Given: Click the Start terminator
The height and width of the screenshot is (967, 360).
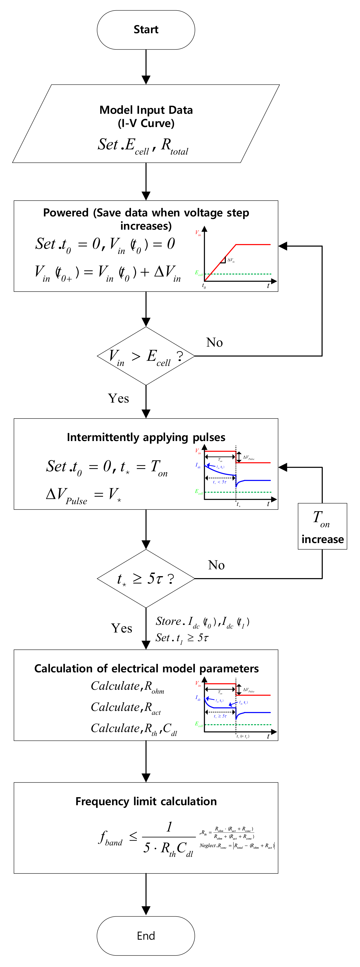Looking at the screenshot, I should coord(146,30).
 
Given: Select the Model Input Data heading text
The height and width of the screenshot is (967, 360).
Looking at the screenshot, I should coord(146,110).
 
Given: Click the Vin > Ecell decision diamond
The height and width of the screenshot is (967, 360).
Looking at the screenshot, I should coord(146,356).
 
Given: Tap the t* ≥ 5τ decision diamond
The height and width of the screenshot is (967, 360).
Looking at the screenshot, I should coord(146,579).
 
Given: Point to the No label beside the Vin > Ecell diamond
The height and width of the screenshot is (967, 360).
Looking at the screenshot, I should coord(214,342).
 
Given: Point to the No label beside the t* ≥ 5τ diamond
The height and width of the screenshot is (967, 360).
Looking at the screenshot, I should coord(216,565).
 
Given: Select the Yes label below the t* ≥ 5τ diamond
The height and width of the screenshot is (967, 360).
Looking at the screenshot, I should coord(121,628).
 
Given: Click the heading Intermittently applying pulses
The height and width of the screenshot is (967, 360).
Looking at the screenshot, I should coord(146,437).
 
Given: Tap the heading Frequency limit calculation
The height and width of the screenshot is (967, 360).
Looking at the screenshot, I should coord(146,801).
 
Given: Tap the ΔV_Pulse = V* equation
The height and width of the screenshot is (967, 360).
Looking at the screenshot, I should coord(83,495).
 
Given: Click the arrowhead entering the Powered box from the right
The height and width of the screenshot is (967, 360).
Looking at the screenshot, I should coord(283,246).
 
